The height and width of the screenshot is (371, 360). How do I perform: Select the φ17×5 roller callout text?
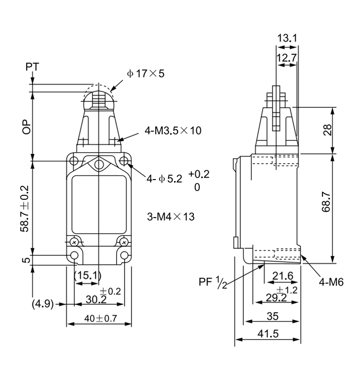[x=145, y=74]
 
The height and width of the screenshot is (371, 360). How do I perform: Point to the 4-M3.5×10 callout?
[x=173, y=131]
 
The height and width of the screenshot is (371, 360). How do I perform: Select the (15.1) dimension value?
[x=87, y=275]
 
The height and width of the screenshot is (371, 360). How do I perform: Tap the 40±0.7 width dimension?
[x=100, y=319]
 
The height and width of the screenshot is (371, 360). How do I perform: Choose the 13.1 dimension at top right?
[x=287, y=39]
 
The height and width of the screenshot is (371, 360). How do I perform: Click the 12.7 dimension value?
[x=287, y=58]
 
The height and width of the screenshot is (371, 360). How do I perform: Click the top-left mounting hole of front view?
[x=74, y=161]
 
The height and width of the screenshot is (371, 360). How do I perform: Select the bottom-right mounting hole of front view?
[x=125, y=255]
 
